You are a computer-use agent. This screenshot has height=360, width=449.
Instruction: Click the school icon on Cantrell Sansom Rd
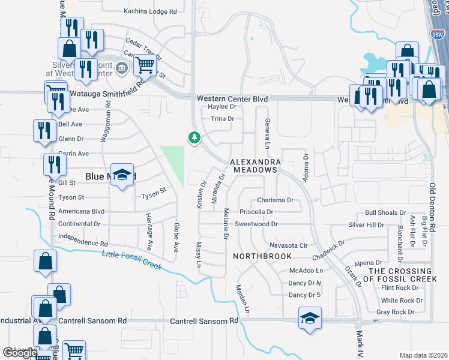click(309, 317)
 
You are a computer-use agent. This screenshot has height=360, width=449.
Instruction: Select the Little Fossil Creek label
click(131, 260)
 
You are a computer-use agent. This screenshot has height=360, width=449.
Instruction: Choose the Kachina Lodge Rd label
click(151, 11)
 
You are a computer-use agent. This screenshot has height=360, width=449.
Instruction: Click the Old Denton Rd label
click(432, 208)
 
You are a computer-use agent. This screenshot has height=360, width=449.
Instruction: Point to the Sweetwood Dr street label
click(256, 224)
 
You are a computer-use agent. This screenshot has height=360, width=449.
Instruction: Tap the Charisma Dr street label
click(275, 200)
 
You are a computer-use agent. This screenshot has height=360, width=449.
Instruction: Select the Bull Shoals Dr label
click(385, 213)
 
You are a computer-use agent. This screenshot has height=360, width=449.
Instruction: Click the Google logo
click(20, 353)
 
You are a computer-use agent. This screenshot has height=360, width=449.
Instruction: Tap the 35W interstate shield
click(436, 35)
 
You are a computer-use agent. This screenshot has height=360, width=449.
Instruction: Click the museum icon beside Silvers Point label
click(122, 68)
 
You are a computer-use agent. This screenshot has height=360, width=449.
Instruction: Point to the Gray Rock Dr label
click(395, 312)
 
